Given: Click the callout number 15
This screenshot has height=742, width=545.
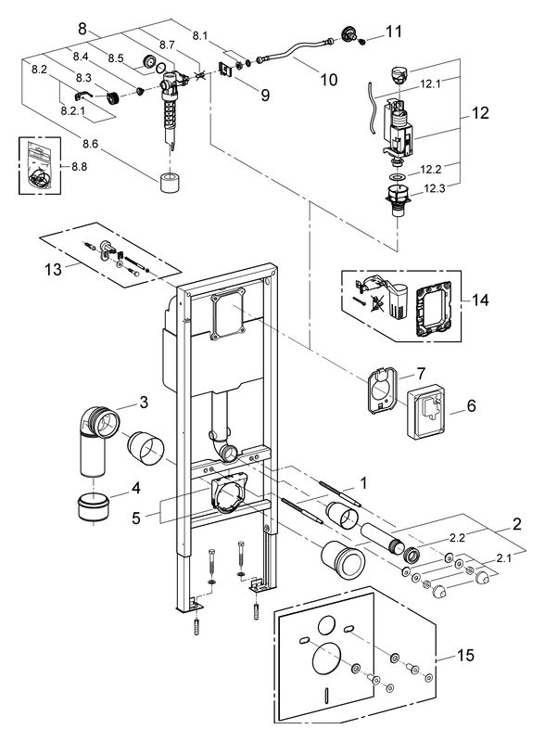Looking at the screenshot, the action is (465, 656).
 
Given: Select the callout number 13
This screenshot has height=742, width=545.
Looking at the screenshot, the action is (53, 269).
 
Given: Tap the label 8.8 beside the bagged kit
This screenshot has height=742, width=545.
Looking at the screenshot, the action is (80, 167).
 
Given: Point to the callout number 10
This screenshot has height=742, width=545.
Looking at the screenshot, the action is (329, 80).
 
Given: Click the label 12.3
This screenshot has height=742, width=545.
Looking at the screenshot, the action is (435, 188).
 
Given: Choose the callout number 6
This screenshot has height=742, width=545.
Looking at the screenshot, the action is (471, 405).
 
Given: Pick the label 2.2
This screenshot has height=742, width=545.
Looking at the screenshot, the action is (457, 538).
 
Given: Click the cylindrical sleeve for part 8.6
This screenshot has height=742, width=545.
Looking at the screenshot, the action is (169, 183).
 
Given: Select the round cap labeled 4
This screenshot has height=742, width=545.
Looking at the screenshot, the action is (94, 507).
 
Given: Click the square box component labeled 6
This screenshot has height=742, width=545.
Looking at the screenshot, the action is (426, 411).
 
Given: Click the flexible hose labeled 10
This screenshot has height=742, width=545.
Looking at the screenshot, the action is (299, 50).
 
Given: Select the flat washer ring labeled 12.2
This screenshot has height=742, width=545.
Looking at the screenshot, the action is (397, 177).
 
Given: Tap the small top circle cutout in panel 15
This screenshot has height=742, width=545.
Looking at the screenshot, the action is (326, 625).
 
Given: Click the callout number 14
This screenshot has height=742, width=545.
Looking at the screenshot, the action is (480, 300).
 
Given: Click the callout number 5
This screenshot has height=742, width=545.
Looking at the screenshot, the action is (136, 518).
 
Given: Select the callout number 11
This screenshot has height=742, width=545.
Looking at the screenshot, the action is (393, 32).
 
